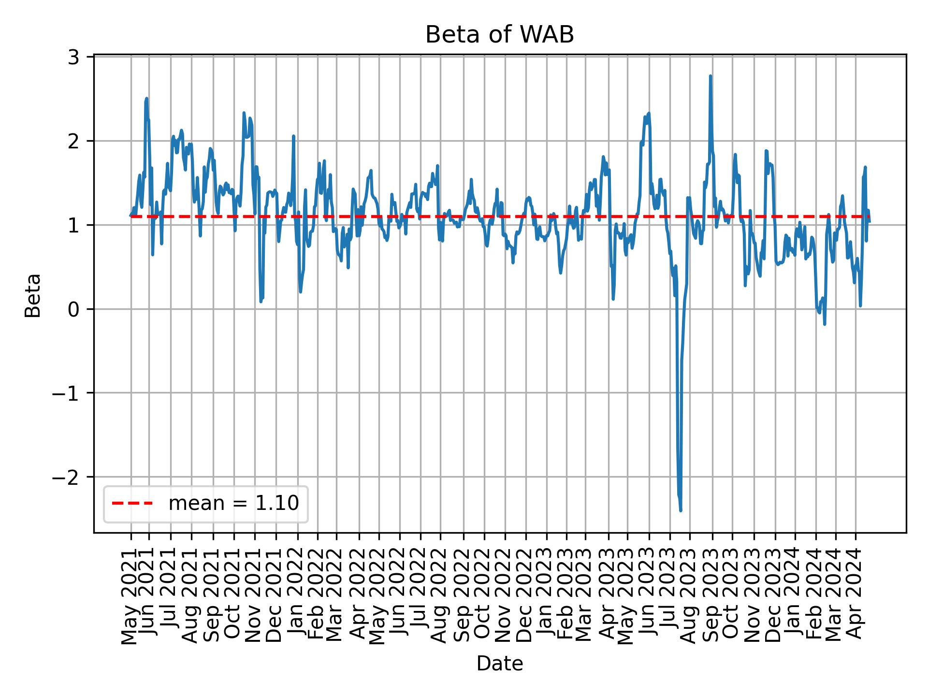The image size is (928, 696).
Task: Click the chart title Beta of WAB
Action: pyautogui.click(x=499, y=35)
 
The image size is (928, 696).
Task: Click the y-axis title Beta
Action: pyautogui.click(x=33, y=295)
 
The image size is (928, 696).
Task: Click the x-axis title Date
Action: pyautogui.click(x=499, y=664)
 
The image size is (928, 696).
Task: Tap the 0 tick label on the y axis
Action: pyautogui.click(x=74, y=309)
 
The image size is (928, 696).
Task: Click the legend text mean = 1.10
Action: pyautogui.click(x=233, y=504)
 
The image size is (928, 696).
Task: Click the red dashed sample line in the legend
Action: pyautogui.click(x=132, y=504)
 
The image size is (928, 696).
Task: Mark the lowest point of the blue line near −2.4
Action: pyautogui.click(x=681, y=510)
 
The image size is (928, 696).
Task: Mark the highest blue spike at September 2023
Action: pyautogui.click(x=710, y=76)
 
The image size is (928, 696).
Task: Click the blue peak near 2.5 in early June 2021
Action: pyautogui.click(x=146, y=99)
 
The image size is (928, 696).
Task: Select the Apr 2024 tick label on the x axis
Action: pyautogui.click(x=855, y=595)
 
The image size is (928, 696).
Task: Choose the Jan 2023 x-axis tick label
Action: pyautogui.click(x=546, y=595)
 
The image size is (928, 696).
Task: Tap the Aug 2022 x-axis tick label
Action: pyautogui.click(x=439, y=595)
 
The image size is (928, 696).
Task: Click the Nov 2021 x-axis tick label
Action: pyautogui.click(x=254, y=595)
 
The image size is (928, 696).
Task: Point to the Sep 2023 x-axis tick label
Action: pyautogui.click(x=710, y=595)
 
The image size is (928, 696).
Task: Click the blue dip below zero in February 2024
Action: pyautogui.click(x=824, y=324)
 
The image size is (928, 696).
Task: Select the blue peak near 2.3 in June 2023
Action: pyautogui.click(x=649, y=114)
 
